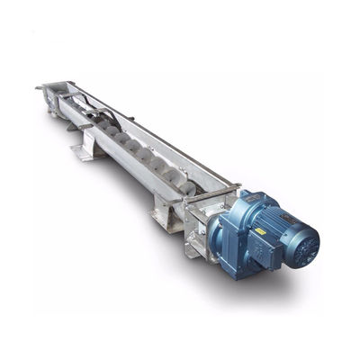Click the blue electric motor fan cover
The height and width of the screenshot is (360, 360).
coord(301,242)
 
